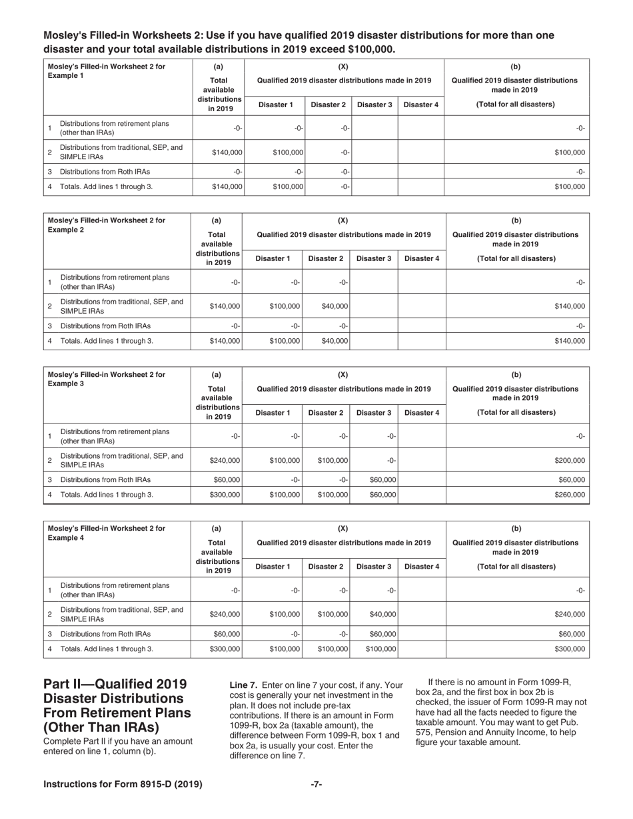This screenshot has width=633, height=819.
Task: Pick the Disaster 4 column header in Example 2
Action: (x=421, y=258)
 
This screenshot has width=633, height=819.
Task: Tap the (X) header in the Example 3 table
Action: (x=343, y=374)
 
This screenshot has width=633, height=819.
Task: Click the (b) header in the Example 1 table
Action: (x=516, y=67)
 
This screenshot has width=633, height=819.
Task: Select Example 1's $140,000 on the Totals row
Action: (x=227, y=186)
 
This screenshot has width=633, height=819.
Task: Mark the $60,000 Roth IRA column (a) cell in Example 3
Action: (x=227, y=479)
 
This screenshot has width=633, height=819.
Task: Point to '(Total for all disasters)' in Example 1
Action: (x=516, y=105)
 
